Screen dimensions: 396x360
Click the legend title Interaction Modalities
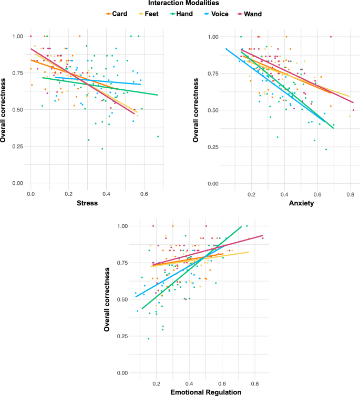click(180, 4)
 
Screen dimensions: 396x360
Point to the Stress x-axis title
click(88, 203)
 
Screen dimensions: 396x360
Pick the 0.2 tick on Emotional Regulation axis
click(156, 384)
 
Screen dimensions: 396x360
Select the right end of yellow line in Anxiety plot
click(349, 97)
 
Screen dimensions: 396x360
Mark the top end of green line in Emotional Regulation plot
click(241, 226)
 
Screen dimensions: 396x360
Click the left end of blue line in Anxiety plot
click(225, 48)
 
